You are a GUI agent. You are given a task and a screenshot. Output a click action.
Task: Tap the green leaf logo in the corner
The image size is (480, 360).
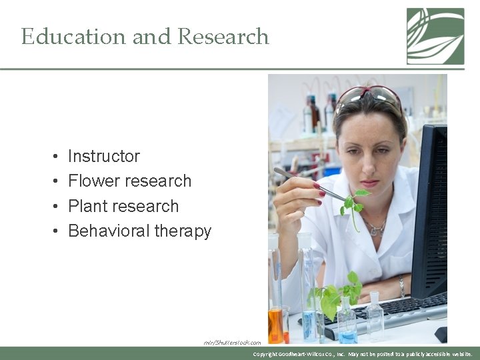pos(435,36)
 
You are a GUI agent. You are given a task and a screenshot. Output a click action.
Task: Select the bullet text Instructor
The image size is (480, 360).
pos(104,157)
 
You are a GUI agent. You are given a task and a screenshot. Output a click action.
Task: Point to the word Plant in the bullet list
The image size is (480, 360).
pos(87,206)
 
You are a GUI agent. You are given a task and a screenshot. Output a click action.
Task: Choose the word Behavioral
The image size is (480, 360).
pos(109,231)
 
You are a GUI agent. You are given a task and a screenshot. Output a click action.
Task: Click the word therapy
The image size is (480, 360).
pos(183,232)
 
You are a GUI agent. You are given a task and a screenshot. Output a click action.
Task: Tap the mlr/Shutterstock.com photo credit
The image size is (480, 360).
pos(233,343)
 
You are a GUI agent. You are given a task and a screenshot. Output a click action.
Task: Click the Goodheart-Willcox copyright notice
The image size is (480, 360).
pos(363,354)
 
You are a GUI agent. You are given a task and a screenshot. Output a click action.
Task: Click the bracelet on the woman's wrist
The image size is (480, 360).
pos(402,287)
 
